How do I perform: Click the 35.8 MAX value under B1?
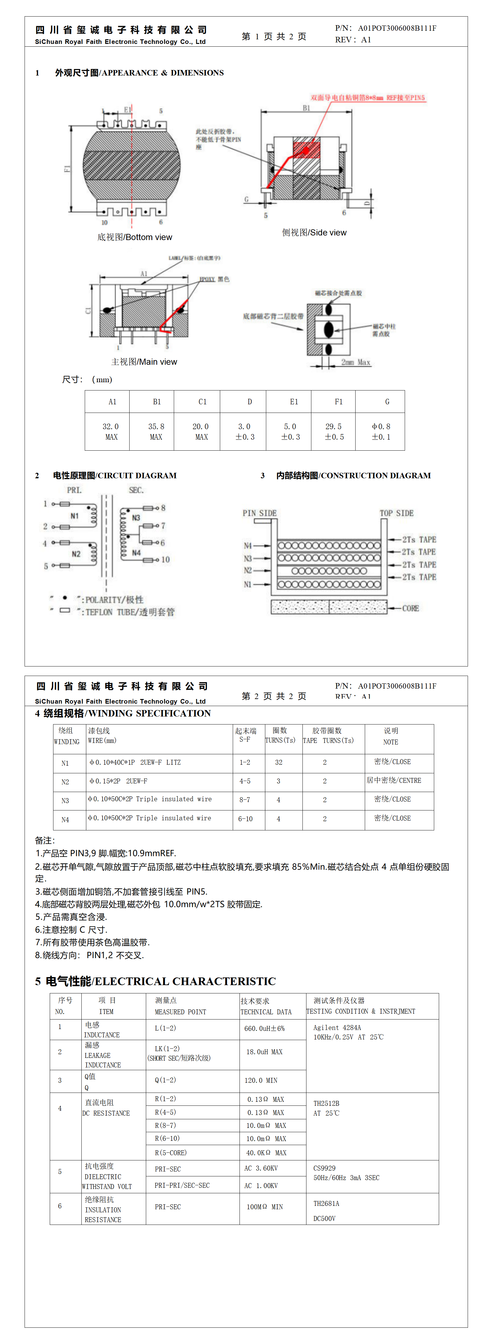point(156,432)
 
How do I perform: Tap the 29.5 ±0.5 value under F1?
point(334,432)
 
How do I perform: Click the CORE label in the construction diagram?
point(410,608)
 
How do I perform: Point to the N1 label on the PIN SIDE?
point(247,584)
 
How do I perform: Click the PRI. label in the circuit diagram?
point(74,490)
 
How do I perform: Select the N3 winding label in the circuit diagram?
point(136,518)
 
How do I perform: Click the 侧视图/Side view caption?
point(314,233)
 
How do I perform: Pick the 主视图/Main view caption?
point(144,362)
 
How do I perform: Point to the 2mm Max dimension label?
point(356,362)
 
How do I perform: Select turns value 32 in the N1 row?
point(279,762)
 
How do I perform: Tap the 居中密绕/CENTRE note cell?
point(394,781)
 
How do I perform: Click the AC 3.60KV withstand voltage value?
point(261,1168)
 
